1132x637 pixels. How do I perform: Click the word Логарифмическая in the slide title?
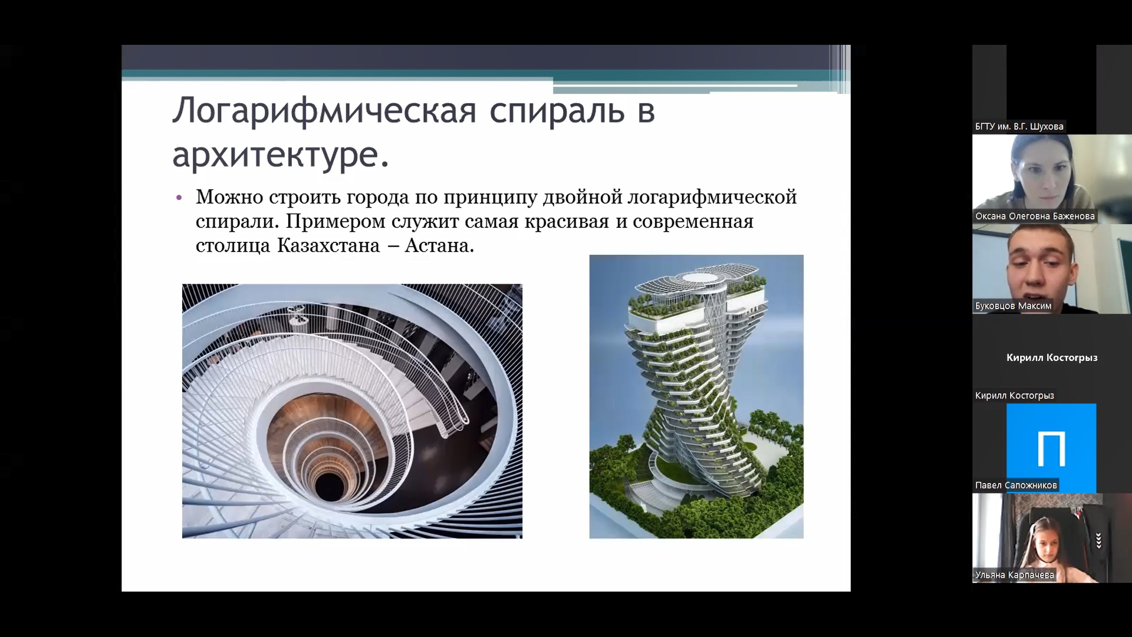tap(324, 111)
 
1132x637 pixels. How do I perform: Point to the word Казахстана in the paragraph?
tap(328, 245)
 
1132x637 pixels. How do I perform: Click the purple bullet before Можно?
tap(180, 197)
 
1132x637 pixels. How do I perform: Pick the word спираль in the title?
tap(557, 111)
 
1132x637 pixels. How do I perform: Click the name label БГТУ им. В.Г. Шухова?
tap(1019, 126)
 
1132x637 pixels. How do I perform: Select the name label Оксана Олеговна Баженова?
tap(1035, 216)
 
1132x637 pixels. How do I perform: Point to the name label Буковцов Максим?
tap(1013, 306)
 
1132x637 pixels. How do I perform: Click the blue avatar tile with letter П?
tap(1051, 448)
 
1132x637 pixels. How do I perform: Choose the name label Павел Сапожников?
tap(1016, 485)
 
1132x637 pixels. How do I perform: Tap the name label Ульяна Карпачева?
tap(1014, 574)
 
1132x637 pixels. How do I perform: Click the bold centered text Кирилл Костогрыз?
tap(1052, 357)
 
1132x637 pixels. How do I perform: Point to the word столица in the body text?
tap(233, 245)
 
